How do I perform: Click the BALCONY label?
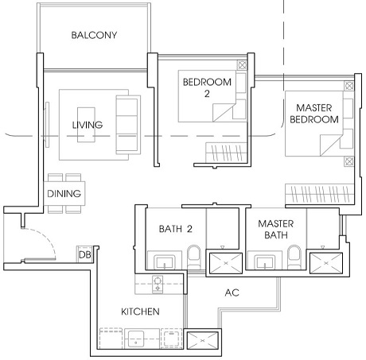click(x=94, y=35)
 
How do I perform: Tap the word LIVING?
click(x=88, y=125)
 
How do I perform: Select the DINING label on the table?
click(x=64, y=193)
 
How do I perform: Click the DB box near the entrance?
click(x=85, y=254)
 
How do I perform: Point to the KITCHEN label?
click(x=140, y=312)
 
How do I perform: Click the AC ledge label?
click(x=232, y=292)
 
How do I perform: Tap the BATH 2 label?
click(x=176, y=229)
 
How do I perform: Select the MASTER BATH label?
click(x=276, y=229)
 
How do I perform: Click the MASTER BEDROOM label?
click(x=314, y=114)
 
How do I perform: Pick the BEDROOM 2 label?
click(x=207, y=87)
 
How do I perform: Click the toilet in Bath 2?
click(x=194, y=257)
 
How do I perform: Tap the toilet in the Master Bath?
click(x=294, y=257)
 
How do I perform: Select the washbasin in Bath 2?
click(x=165, y=262)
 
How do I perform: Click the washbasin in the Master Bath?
click(x=265, y=262)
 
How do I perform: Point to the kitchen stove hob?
click(x=158, y=285)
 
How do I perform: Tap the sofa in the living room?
click(x=128, y=125)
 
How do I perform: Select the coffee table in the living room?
click(x=86, y=125)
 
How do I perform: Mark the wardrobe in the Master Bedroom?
click(x=320, y=194)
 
